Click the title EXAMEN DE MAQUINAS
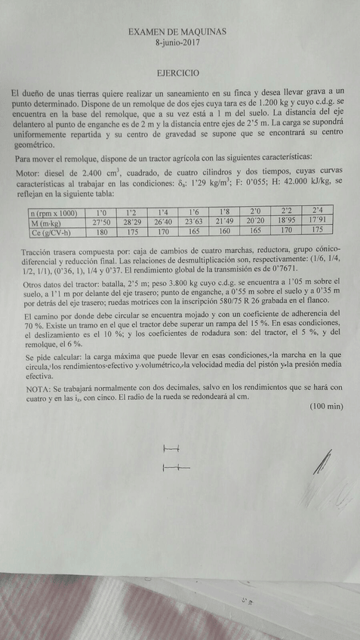pyautogui.click(x=178, y=33)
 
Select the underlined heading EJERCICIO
pyautogui.click(x=178, y=74)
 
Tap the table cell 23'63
pyautogui.click(x=194, y=222)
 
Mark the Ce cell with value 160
pyautogui.click(x=225, y=231)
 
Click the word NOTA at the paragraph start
pyautogui.click(x=30, y=387)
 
